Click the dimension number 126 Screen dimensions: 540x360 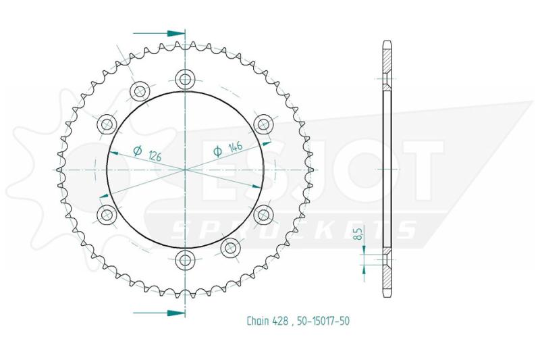tap(155, 157)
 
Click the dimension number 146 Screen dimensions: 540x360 tap(235, 147)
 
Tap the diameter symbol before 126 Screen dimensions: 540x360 tap(138, 151)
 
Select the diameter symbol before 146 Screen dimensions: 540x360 tap(217, 151)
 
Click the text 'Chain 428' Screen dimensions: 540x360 tap(267, 321)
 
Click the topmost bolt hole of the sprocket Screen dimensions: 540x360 tap(185, 78)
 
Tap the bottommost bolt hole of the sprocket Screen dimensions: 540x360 tap(185, 260)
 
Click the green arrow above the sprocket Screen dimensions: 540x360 tap(159, 33)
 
